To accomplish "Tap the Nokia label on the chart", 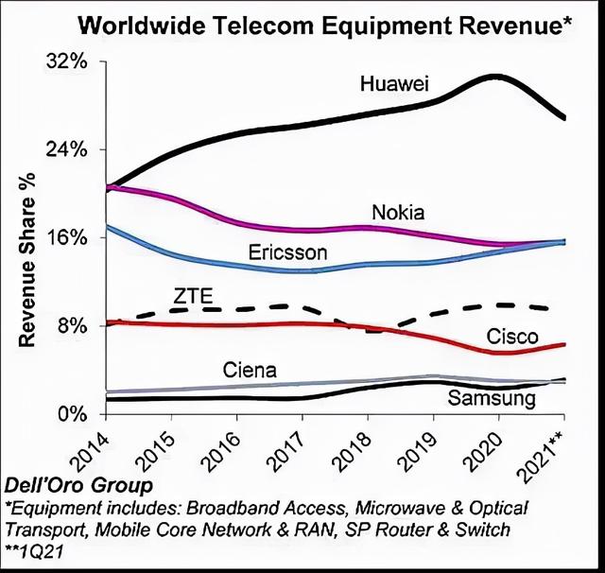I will (x=398, y=212).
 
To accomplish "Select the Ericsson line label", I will (x=287, y=253).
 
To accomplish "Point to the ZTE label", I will (x=194, y=296).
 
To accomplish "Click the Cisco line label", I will (x=511, y=337).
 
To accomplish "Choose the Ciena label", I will (x=250, y=370).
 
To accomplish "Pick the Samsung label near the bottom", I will (x=491, y=399).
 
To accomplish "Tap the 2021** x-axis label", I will (x=553, y=454).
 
